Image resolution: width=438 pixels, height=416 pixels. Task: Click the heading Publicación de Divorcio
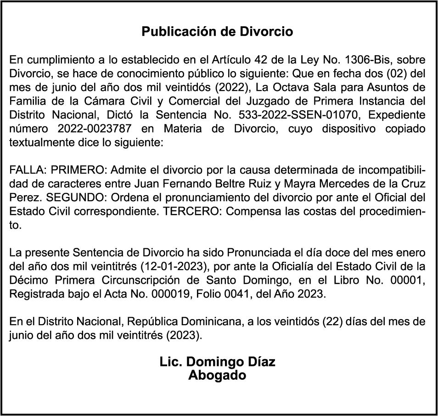click(217, 32)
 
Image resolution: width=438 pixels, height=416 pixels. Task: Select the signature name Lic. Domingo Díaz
click(217, 362)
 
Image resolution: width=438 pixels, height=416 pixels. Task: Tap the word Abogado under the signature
click(217, 375)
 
